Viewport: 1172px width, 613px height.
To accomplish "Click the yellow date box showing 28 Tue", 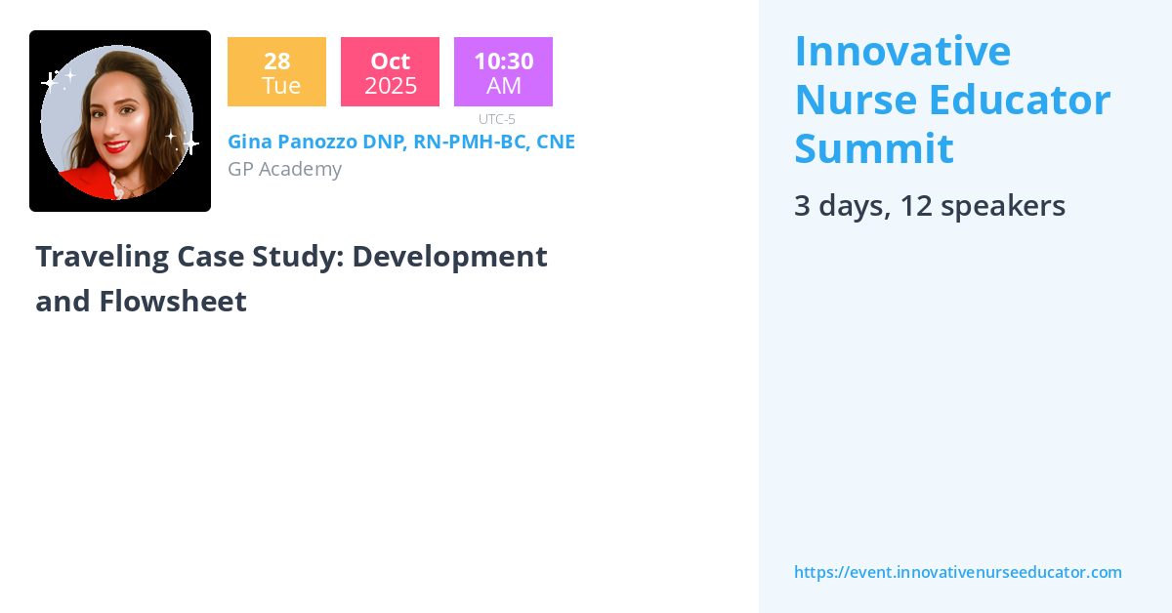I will pyautogui.click(x=276, y=72).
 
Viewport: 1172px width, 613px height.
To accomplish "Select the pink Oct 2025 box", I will pyautogui.click(x=390, y=72).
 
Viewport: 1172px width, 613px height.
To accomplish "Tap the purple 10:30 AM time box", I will pyautogui.click(x=503, y=72).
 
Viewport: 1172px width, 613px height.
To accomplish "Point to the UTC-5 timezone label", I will pyautogui.click(x=497, y=119).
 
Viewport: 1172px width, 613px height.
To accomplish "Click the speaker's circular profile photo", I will pyautogui.click(x=119, y=121).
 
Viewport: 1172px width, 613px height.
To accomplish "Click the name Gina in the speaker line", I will pyautogui.click(x=251, y=142).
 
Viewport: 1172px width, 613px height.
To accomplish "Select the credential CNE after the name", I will pyautogui.click(x=556, y=142).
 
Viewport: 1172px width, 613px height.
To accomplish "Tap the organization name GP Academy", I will pyautogui.click(x=284, y=169).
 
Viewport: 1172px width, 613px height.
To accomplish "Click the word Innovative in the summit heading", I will pyautogui.click(x=901, y=51).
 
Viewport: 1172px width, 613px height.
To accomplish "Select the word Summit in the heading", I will pyautogui.click(x=873, y=148).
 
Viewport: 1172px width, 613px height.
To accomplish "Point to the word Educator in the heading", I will pyautogui.click(x=1020, y=100).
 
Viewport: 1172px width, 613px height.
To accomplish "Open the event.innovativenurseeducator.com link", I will pyautogui.click(x=957, y=572).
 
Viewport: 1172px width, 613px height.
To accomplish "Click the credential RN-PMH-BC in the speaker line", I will pyautogui.click(x=469, y=142).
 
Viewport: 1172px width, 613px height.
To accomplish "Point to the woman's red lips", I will pyautogui.click(x=116, y=146).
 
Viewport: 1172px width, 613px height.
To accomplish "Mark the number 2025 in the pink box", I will pyautogui.click(x=390, y=86).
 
